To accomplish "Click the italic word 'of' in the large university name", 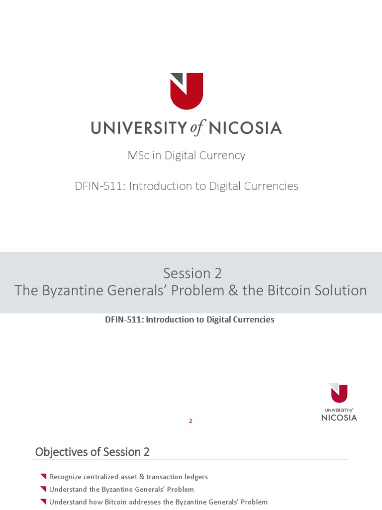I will [196, 128].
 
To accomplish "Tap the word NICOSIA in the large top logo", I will [245, 128].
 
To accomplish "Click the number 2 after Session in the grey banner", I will [218, 273].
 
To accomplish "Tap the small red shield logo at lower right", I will [339, 393].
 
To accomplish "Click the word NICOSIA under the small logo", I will [339, 417].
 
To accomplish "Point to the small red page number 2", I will [191, 421].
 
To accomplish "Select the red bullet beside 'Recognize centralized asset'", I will [43, 477].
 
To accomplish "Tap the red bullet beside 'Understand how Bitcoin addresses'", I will [43, 502].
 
